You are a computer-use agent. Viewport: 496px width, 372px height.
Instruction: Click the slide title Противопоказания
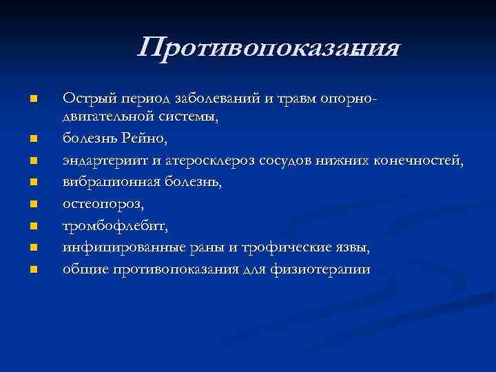[x=269, y=49]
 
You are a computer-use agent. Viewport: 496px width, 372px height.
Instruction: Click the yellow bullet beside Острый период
[x=33, y=101]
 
